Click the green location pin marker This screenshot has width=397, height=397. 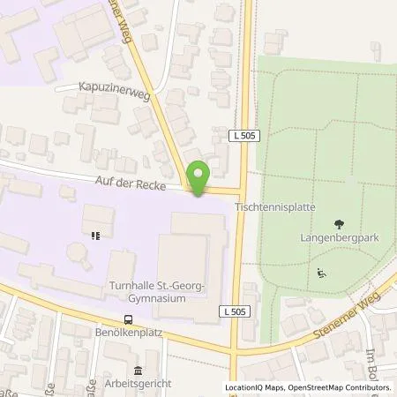click(x=199, y=178)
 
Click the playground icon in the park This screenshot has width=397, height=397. click(x=320, y=272)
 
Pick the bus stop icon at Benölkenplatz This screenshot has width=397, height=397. click(x=129, y=320)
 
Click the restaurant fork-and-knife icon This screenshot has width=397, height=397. click(x=94, y=236)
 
